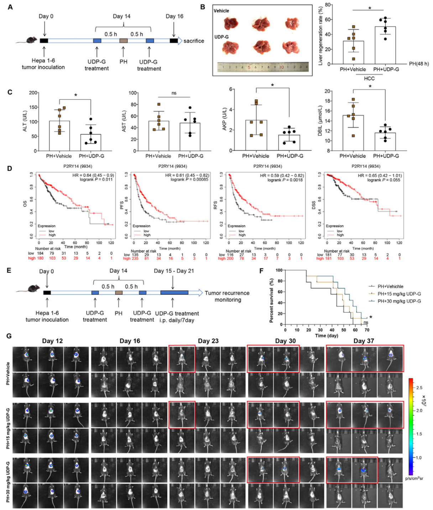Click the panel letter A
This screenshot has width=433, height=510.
point(10,7)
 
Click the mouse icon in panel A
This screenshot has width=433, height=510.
point(27,40)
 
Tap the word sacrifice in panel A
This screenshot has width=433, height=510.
point(194,41)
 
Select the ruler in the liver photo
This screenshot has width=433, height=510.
point(262,67)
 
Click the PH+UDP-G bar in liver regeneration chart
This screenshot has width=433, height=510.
point(385,45)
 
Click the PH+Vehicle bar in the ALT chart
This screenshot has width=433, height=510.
point(59,136)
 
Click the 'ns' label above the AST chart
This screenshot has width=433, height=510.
point(174,93)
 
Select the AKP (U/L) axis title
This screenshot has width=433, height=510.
point(225,120)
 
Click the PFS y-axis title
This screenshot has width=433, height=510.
point(122,205)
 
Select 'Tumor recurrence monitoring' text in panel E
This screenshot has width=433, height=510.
point(227,296)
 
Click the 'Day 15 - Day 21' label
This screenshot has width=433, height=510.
point(174,271)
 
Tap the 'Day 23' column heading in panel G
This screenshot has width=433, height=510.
point(208,341)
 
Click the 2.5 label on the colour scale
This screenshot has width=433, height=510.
point(419,387)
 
